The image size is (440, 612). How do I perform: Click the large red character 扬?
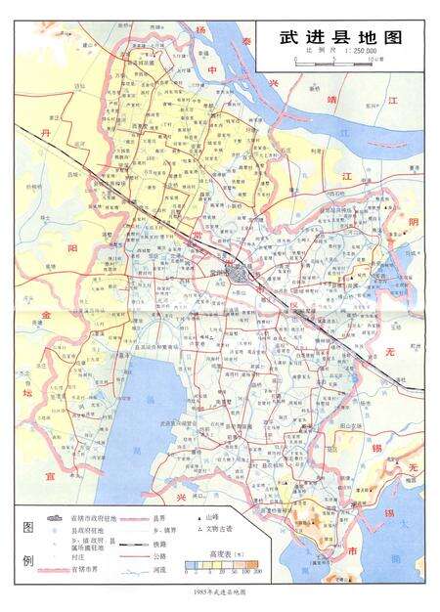pos(200,30)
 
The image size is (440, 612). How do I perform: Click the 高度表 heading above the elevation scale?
pos(227,553)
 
